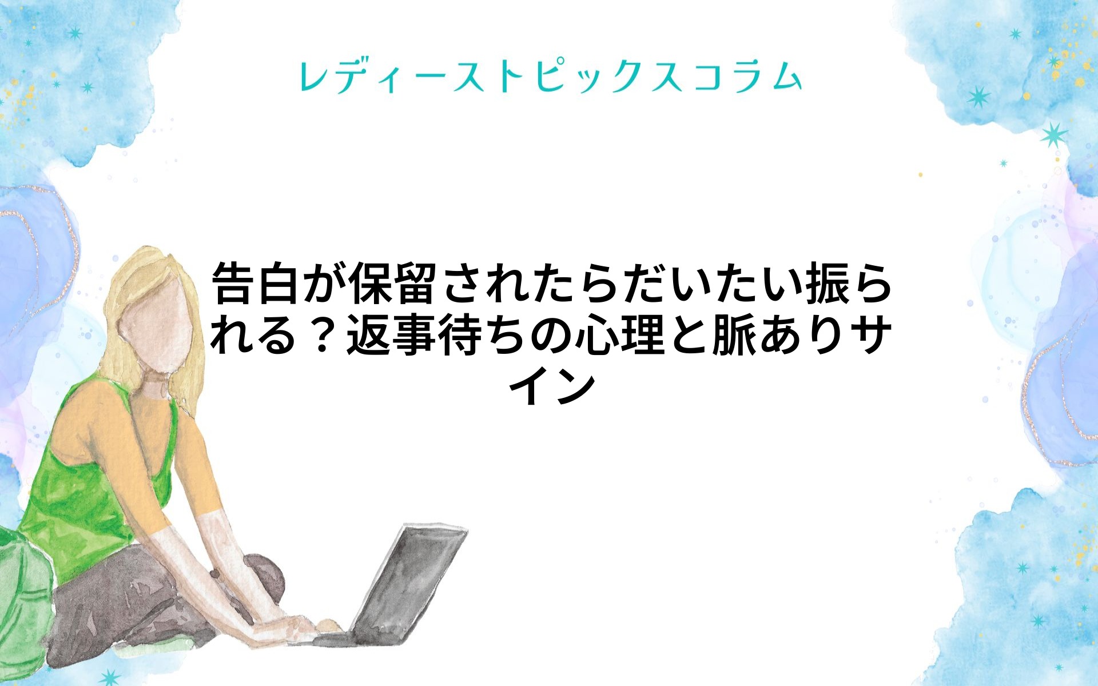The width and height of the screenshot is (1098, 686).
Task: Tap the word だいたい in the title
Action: tap(710, 284)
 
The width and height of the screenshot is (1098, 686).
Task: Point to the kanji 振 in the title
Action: tap(822, 284)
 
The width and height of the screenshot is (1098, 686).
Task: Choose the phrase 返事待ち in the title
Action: tap(437, 336)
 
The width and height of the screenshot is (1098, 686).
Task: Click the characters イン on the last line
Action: tap(555, 387)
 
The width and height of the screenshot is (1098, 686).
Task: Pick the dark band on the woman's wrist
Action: tap(215, 573)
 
